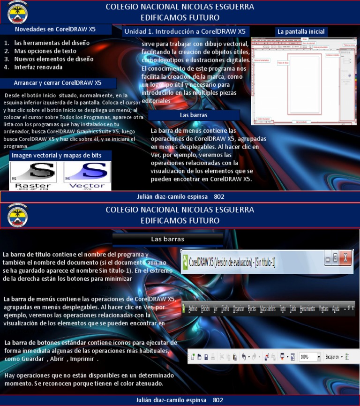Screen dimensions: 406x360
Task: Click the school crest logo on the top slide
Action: tap(17, 13)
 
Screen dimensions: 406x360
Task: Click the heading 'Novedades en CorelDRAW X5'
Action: tap(55, 29)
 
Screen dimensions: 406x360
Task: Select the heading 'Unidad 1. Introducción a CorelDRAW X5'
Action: tap(184, 31)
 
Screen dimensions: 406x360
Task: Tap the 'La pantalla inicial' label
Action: tap(301, 31)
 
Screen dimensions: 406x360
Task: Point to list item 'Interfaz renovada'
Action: tap(38, 67)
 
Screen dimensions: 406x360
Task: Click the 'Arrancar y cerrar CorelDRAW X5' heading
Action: tap(58, 83)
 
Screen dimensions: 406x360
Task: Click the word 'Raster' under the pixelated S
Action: tap(33, 186)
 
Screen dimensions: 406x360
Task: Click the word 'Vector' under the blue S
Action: tap(87, 186)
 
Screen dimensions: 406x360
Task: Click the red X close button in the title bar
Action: tap(345, 257)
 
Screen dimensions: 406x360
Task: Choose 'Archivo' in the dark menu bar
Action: tap(193, 309)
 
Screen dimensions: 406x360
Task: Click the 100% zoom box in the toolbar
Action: tap(308, 357)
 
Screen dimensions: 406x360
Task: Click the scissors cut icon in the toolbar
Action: tap(222, 357)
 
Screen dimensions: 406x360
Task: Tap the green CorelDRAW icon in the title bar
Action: tap(186, 261)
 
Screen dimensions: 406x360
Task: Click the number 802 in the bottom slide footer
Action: tap(218, 400)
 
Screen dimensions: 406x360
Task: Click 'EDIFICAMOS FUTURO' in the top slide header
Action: tap(180, 17)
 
